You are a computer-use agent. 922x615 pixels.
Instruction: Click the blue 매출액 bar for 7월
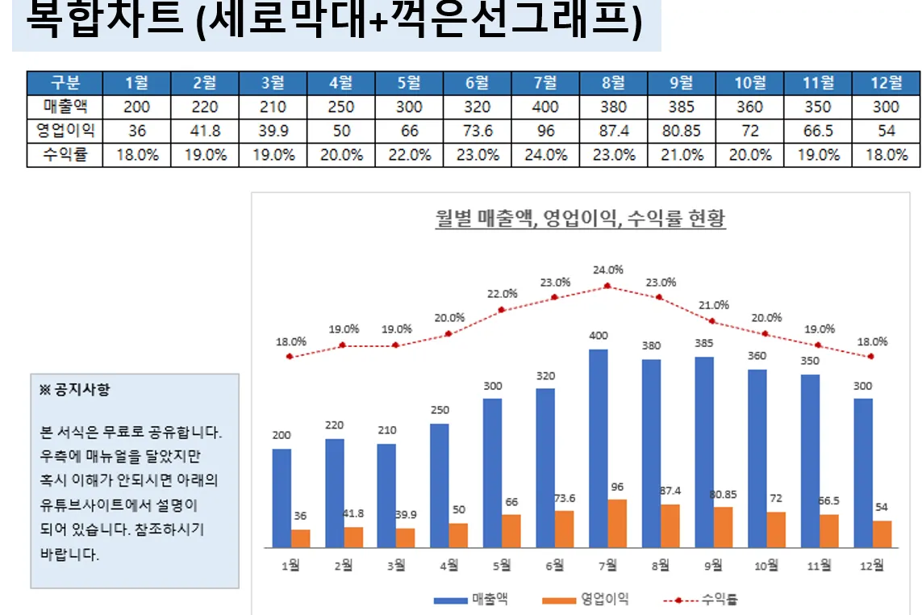click(x=599, y=448)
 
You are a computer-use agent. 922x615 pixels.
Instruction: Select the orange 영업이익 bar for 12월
click(x=882, y=534)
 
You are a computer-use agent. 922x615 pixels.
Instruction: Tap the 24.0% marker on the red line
click(x=607, y=287)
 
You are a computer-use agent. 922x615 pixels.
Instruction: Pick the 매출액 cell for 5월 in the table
click(x=409, y=107)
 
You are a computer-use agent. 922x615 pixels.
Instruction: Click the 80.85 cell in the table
click(x=681, y=131)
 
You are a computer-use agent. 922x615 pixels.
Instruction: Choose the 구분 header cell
click(x=65, y=82)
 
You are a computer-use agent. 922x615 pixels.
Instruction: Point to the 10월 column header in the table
click(x=749, y=82)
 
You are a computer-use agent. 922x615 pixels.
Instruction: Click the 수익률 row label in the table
click(x=65, y=155)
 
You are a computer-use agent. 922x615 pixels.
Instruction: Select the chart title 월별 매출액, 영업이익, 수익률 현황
click(x=580, y=218)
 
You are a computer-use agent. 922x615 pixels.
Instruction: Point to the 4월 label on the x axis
click(x=448, y=566)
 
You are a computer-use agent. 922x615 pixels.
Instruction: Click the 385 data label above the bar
click(x=704, y=342)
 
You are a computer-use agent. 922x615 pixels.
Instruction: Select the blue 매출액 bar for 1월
click(x=282, y=498)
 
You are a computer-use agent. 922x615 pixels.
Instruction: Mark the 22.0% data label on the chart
click(x=502, y=294)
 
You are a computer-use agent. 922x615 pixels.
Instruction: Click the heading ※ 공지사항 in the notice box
click(x=75, y=390)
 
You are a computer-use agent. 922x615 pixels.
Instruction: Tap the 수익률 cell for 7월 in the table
click(x=545, y=155)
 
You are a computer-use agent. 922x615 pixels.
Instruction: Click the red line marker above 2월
click(x=343, y=345)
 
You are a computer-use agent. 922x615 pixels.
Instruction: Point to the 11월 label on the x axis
click(x=820, y=566)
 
